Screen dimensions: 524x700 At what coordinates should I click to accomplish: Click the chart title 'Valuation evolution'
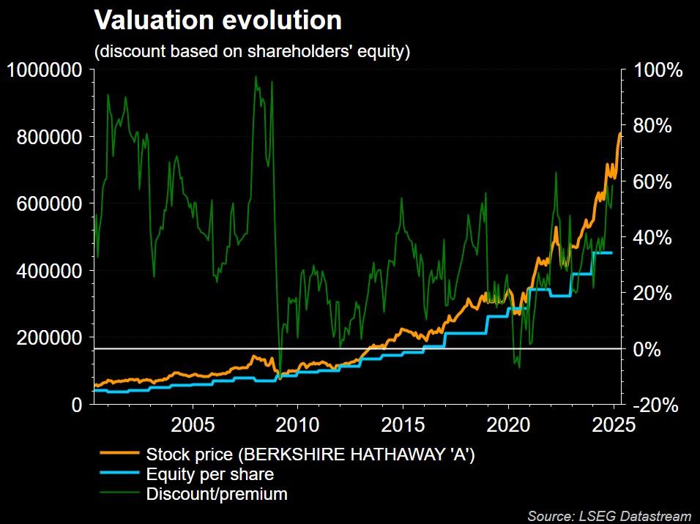pos(217,20)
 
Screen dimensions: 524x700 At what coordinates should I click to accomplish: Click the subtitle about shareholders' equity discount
pos(251,52)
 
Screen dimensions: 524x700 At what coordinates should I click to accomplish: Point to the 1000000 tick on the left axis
pos(44,70)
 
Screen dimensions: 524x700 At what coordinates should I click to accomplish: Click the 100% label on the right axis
pos(658,71)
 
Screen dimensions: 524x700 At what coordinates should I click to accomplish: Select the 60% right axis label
pos(652,182)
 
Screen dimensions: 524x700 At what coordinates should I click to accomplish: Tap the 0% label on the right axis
pos(648,349)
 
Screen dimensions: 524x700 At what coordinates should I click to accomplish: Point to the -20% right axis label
pos(652,405)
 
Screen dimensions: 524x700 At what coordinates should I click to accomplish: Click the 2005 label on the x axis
pos(193,425)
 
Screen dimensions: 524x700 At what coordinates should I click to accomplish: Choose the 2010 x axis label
pos(297,425)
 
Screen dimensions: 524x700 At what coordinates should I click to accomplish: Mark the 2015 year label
pos(403,425)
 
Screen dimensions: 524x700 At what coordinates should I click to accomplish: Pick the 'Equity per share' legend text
pos(210,474)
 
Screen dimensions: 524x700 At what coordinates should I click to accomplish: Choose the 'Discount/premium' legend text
pos(217,494)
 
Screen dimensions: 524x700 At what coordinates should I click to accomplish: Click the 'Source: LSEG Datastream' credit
pos(609,516)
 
